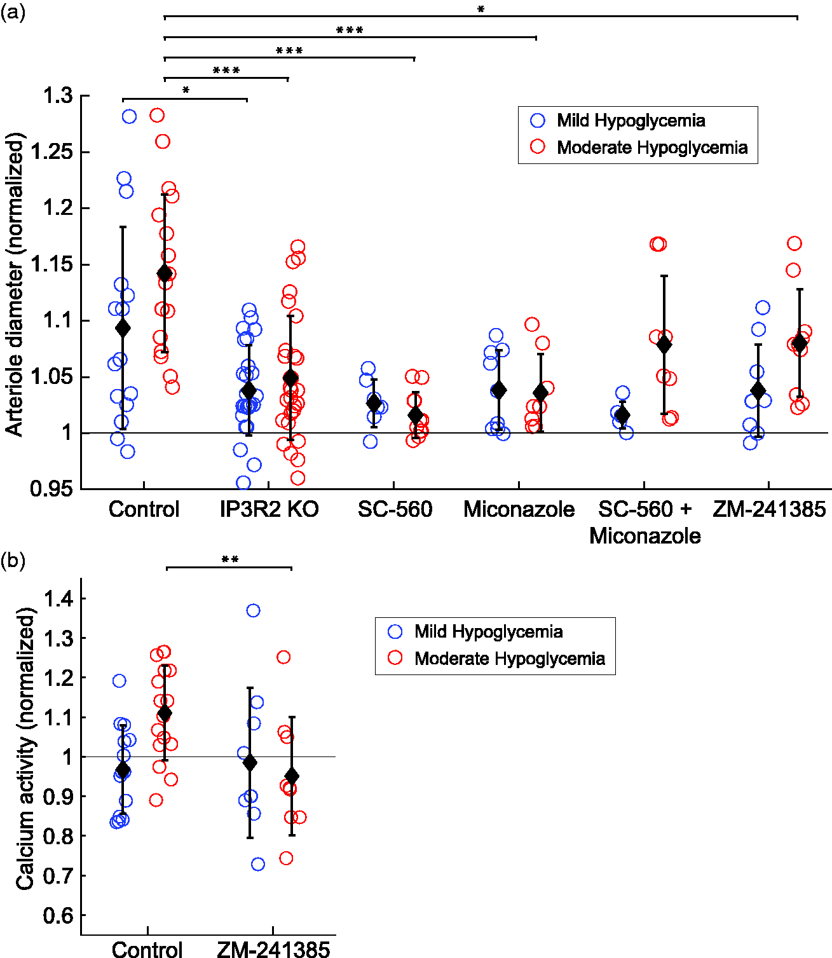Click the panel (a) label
pyautogui.click(x=13, y=13)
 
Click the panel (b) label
pyautogui.click(x=13, y=561)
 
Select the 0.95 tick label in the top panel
pyautogui.click(x=52, y=489)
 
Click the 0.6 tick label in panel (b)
pyautogui.click(x=58, y=916)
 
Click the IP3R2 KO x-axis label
pyautogui.click(x=269, y=509)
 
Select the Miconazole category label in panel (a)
pyautogui.click(x=519, y=509)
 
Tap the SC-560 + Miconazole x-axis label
pyautogui.click(x=644, y=523)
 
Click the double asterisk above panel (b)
pyautogui.click(x=230, y=559)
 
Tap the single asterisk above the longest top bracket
pyautogui.click(x=481, y=9)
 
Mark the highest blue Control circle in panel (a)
pyautogui.click(x=129, y=116)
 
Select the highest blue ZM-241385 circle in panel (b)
pyautogui.click(x=254, y=610)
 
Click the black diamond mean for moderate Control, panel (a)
pyautogui.click(x=165, y=273)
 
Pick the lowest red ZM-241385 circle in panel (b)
pyautogui.click(x=286, y=858)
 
